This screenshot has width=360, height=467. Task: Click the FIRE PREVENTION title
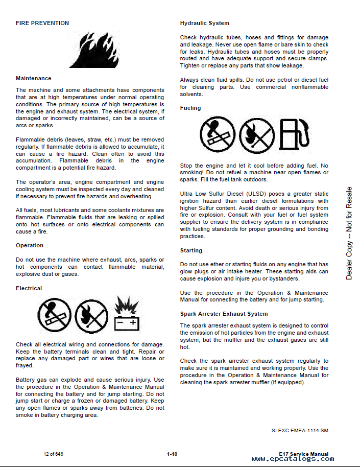coord(42,23)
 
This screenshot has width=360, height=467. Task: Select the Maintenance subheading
coord(34,78)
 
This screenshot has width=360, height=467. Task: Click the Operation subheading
coord(30,245)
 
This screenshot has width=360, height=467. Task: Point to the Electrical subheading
coord(29,288)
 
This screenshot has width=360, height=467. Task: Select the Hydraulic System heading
coord(205,23)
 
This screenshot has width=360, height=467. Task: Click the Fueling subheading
coord(190,108)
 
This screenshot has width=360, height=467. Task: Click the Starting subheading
coord(191,250)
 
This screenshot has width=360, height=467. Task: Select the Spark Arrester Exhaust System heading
coord(224,314)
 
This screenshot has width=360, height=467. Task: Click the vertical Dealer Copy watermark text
coord(349,233)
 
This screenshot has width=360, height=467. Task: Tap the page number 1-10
coord(172,454)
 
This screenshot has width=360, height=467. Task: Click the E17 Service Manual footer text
coord(304,454)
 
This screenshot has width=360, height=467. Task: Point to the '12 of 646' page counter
coord(53,454)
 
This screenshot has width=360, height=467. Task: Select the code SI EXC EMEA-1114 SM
coord(300,430)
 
